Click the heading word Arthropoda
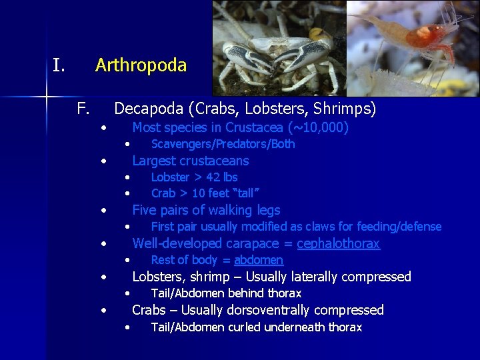tap(141, 65)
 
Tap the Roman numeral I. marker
tap(59, 65)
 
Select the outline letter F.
tap(83, 108)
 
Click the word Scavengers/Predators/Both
tap(223, 144)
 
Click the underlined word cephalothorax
tap(338, 243)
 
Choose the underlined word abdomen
tap(259, 260)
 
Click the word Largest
tap(154, 161)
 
